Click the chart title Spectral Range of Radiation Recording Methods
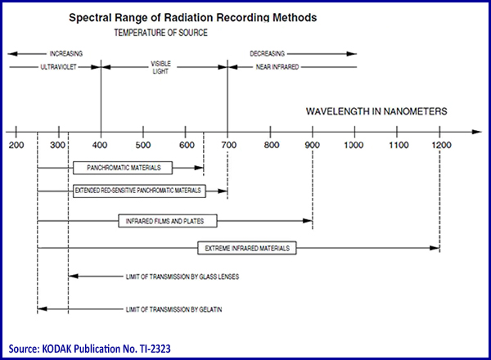(x=192, y=17)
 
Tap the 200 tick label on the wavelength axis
(x=16, y=145)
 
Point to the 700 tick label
(x=229, y=145)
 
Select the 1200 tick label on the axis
(x=441, y=145)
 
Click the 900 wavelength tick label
(x=313, y=145)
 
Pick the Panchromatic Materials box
(x=123, y=168)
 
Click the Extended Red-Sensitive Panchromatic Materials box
(x=139, y=191)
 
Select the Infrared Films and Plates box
(x=168, y=221)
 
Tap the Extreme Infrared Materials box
(x=247, y=248)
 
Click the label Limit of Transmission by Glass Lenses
(x=182, y=277)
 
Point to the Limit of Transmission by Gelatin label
(x=173, y=309)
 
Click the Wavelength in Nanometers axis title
(x=376, y=111)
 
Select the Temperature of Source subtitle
(x=160, y=33)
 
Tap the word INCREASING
(x=66, y=54)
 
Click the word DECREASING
(x=267, y=54)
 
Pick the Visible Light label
(x=160, y=67)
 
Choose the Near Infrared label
(x=277, y=67)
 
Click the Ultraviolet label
(x=59, y=67)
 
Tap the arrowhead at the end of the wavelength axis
(x=476, y=132)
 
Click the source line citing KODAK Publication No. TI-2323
(x=89, y=349)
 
